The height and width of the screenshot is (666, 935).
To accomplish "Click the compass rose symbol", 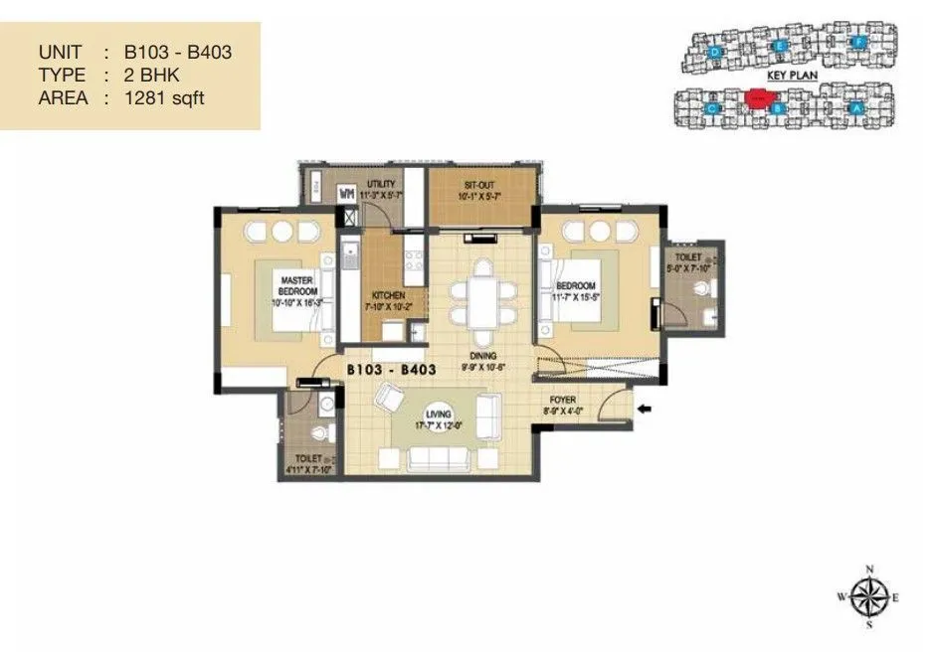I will pos(870,596).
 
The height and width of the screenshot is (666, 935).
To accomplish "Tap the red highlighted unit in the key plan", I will pos(758,98).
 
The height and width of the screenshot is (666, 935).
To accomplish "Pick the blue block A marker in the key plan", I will pos(854,107).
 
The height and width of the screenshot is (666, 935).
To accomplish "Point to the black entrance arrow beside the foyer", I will pos(646,408).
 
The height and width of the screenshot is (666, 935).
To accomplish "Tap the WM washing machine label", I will pos(348,193).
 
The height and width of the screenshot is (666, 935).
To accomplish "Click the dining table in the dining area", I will pos(480,294).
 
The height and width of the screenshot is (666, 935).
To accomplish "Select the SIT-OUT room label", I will pos(481,184).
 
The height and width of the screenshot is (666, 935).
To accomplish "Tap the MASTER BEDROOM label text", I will pos(297,286).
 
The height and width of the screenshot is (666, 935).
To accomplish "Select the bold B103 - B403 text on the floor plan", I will pos(391,370).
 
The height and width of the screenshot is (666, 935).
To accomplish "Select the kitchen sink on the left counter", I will pos(349,259).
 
